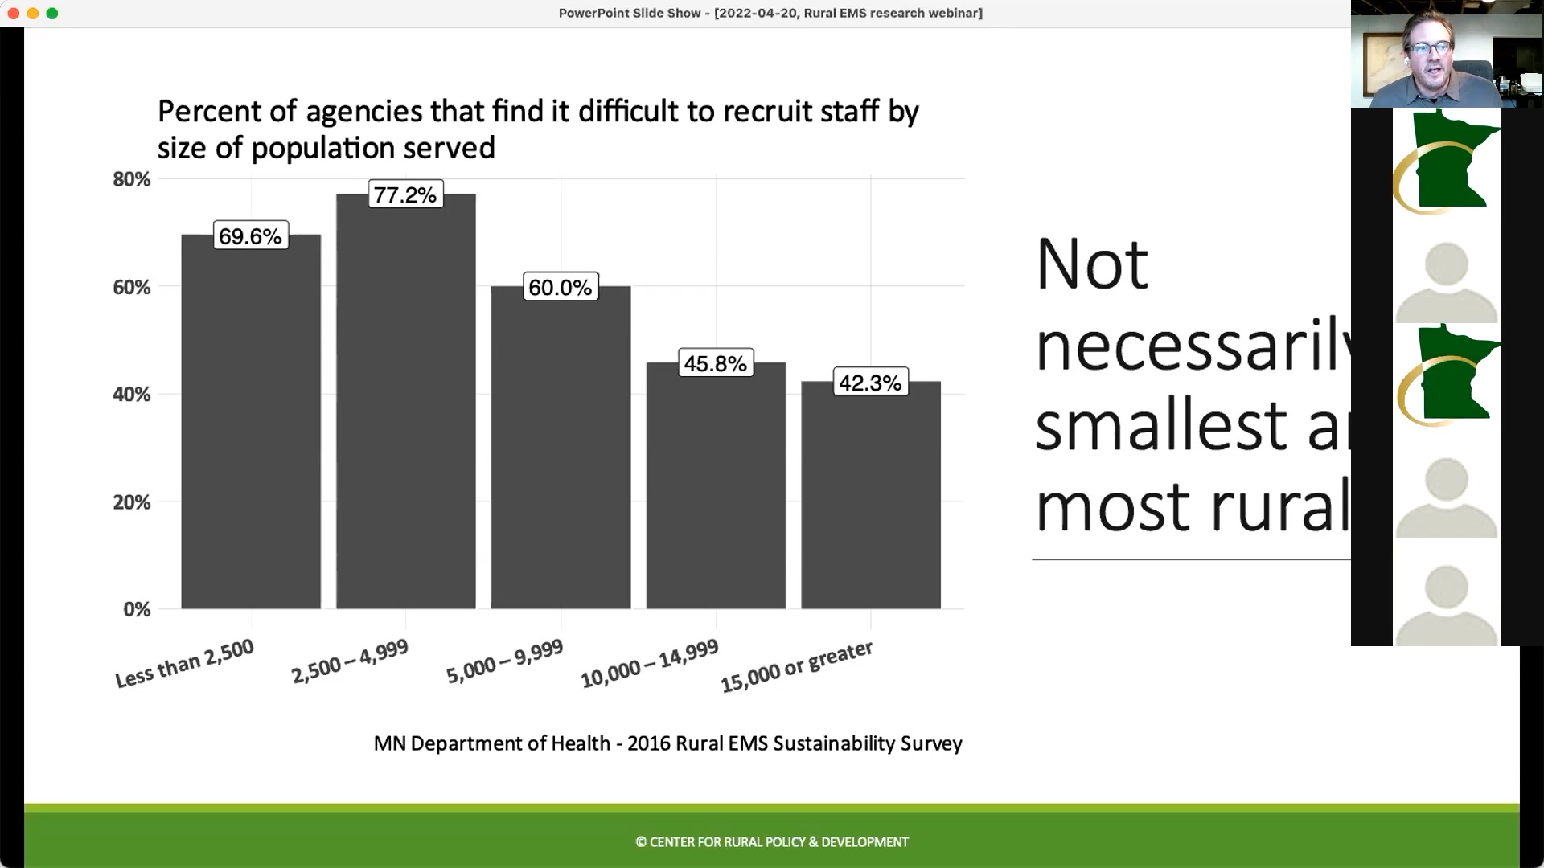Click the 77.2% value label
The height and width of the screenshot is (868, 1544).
[405, 195]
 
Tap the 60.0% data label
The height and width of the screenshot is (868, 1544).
[561, 288]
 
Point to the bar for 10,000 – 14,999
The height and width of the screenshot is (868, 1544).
[716, 490]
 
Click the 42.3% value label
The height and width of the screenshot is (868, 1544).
[870, 383]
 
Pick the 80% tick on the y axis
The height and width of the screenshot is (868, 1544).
[132, 179]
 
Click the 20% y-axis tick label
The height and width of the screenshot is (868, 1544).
[132, 502]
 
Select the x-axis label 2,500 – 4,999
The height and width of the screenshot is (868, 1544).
[350, 661]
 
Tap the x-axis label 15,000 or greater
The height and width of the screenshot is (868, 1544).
[796, 666]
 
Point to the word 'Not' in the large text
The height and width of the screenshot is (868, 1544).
[1092, 264]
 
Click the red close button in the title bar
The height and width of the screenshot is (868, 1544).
[14, 13]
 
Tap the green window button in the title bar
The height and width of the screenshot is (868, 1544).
[52, 13]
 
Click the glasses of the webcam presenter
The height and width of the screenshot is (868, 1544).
[1428, 49]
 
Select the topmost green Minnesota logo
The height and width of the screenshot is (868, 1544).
[1447, 162]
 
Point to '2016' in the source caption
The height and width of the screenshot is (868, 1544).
[648, 743]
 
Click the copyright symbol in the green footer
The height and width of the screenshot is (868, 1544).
[641, 842]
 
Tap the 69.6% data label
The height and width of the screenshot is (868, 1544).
[250, 236]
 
